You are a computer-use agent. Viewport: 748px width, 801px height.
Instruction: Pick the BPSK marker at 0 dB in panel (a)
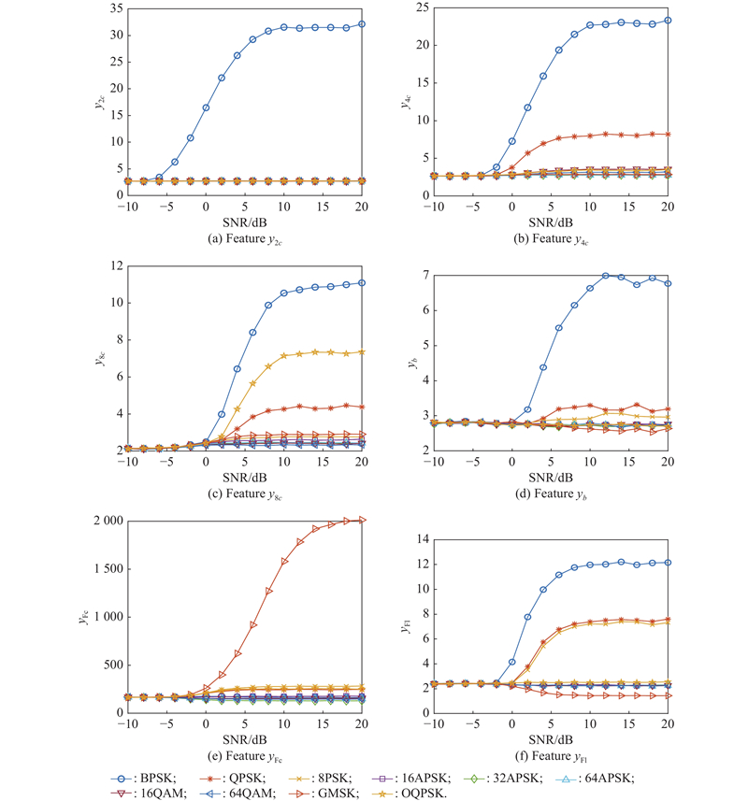point(206,107)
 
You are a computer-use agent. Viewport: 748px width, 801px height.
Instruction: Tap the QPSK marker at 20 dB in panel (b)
point(667,134)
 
